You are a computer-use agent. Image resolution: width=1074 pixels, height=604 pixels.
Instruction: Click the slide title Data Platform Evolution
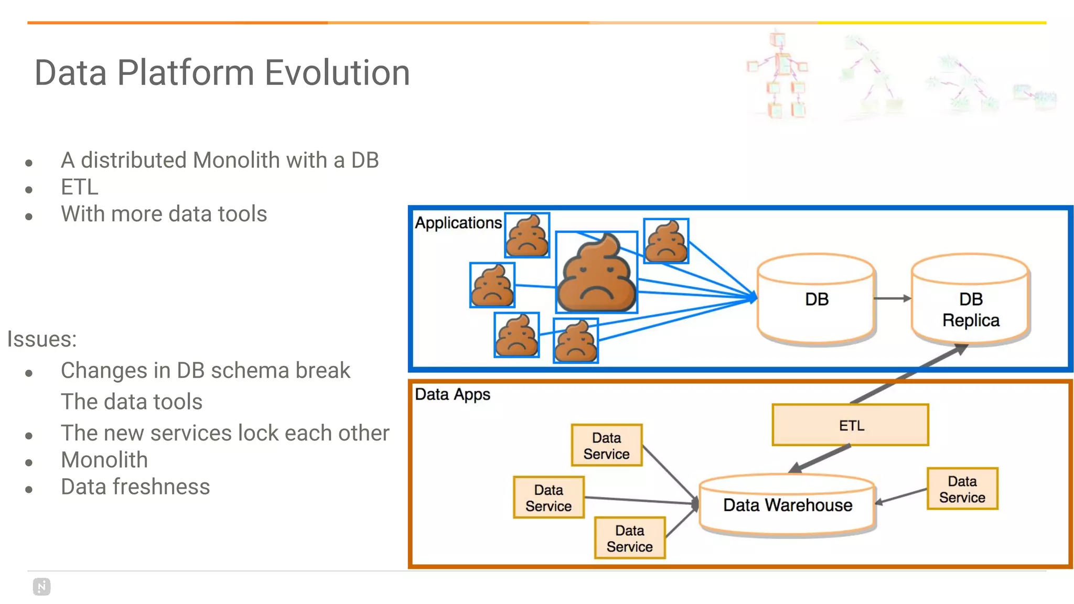(222, 72)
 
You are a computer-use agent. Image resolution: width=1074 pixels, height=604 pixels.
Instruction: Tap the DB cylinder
(816, 299)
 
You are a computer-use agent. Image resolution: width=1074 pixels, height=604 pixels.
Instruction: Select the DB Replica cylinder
(970, 304)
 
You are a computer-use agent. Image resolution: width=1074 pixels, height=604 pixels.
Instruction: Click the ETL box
(850, 425)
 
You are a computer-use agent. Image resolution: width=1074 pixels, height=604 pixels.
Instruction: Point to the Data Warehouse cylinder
(787, 505)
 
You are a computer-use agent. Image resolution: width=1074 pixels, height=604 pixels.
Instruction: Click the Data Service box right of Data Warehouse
(962, 489)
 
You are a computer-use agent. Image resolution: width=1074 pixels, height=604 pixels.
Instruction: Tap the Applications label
(458, 223)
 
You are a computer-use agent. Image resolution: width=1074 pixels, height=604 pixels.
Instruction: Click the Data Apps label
(452, 394)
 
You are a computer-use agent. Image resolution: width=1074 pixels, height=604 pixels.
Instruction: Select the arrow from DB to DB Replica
(892, 298)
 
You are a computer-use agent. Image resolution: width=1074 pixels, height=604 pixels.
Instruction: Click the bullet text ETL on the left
(79, 187)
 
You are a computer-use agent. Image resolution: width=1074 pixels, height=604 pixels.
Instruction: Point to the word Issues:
(42, 339)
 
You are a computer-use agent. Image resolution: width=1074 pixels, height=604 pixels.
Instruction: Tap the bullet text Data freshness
(135, 487)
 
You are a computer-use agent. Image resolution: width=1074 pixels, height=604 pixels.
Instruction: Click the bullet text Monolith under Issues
(104, 460)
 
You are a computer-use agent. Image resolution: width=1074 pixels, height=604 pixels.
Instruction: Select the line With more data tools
(164, 214)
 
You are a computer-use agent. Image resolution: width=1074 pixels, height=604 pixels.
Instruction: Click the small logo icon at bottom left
(41, 587)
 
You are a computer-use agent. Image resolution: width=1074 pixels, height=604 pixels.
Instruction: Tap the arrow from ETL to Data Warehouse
(821, 458)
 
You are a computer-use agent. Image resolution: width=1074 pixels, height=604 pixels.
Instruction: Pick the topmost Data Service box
(606, 445)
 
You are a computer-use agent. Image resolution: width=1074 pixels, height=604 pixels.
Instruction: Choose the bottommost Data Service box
(629, 538)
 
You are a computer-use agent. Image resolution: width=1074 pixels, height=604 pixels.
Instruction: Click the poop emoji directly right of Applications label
(527, 235)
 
